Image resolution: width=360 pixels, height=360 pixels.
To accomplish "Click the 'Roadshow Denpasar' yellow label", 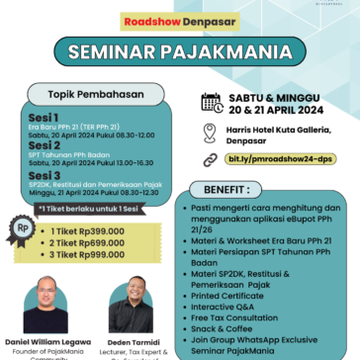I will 180,20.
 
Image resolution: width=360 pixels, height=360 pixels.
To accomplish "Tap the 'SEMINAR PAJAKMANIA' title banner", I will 179,50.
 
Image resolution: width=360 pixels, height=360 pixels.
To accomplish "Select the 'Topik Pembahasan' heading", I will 92,94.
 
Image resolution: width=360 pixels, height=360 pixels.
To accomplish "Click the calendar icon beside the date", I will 211,101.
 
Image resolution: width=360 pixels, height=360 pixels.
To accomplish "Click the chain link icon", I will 211,159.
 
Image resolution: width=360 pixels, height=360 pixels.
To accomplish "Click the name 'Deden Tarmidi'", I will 131,341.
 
